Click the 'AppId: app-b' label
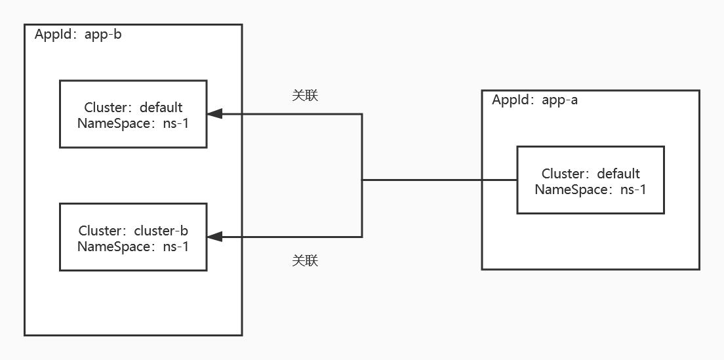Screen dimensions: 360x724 [x=78, y=35]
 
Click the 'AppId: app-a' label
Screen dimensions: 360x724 [x=534, y=100]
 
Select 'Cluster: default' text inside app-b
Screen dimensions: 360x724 [x=133, y=107]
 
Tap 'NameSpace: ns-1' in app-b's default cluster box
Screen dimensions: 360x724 [x=133, y=123]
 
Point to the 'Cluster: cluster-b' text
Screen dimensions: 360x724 [x=133, y=231]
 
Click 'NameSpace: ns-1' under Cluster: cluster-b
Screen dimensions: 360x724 [x=133, y=247]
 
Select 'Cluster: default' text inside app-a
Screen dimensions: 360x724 [x=590, y=174]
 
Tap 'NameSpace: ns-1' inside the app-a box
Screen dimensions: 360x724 [x=590, y=190]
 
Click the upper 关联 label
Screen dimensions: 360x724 [x=305, y=95]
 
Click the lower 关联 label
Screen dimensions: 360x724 [x=305, y=260]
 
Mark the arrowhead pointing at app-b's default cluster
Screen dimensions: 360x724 [x=215, y=114]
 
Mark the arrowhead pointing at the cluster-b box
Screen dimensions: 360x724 [x=215, y=237]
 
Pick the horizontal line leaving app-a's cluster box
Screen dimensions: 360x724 [x=439, y=180]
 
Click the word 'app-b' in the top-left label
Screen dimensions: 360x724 [x=103, y=35]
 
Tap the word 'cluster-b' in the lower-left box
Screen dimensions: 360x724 [x=161, y=231]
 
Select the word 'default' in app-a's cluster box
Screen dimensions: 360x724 [x=618, y=174]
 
